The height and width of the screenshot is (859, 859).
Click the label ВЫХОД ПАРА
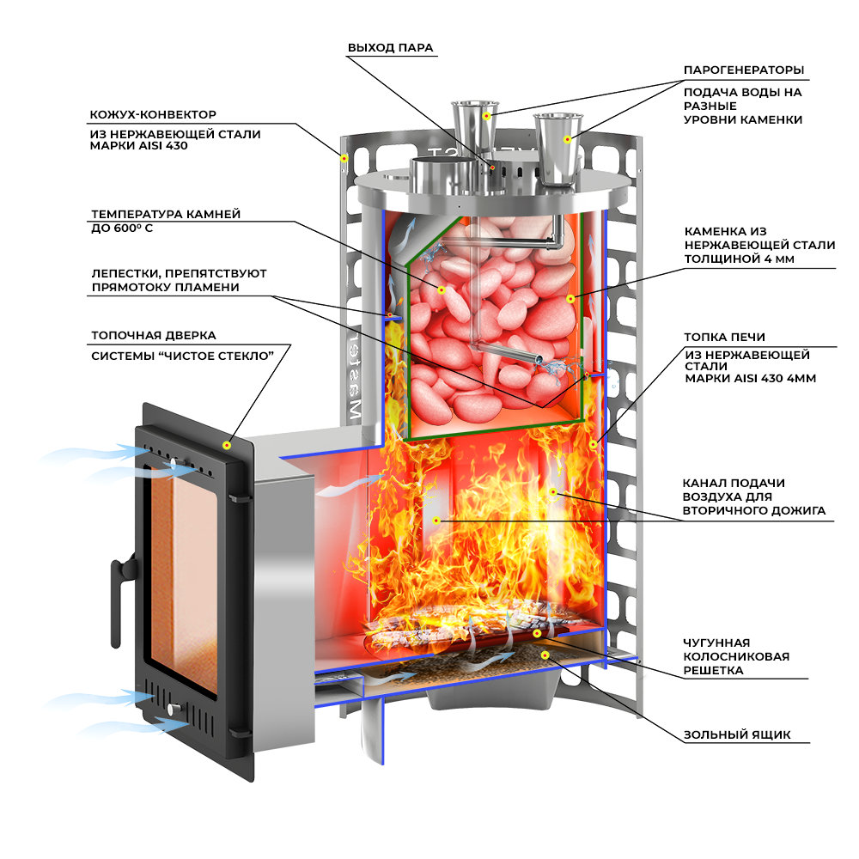[x=390, y=48]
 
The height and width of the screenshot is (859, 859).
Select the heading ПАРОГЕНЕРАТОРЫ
[x=744, y=70]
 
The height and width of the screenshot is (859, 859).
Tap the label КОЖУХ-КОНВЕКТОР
[x=153, y=114]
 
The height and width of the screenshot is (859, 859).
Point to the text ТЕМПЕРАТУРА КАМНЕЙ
[x=166, y=214]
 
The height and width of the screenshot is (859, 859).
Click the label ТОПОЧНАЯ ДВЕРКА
[x=154, y=335]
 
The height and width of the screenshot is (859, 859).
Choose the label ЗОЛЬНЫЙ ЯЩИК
[x=737, y=735]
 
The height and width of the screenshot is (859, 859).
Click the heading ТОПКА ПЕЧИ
[x=724, y=338]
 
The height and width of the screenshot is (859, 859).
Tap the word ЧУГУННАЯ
[x=717, y=643]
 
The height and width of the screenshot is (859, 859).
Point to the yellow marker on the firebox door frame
[x=227, y=445]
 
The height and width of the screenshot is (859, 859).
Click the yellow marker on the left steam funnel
[x=486, y=115]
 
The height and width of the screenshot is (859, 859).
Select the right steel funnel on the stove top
[x=558, y=150]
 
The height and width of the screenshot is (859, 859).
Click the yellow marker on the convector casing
[x=344, y=157]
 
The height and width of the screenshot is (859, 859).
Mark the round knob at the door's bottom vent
[x=175, y=709]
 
